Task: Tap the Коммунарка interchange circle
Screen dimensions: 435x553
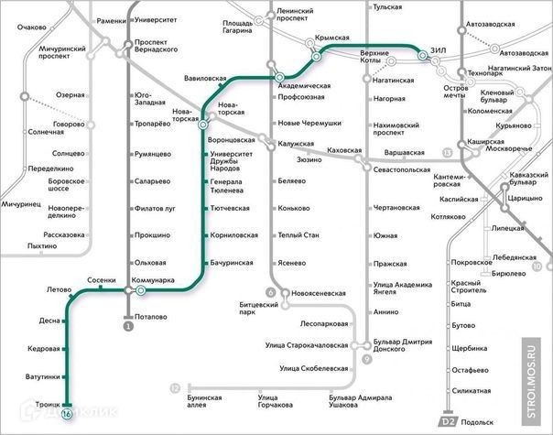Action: point(140,290)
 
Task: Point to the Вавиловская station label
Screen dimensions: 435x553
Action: point(204,79)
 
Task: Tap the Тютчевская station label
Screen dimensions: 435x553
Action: point(230,209)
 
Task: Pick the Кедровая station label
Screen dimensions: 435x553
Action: point(44,349)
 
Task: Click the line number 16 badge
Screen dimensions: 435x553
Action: point(68,414)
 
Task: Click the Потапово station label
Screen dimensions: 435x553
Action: point(149,316)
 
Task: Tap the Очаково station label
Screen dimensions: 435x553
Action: point(31,27)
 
